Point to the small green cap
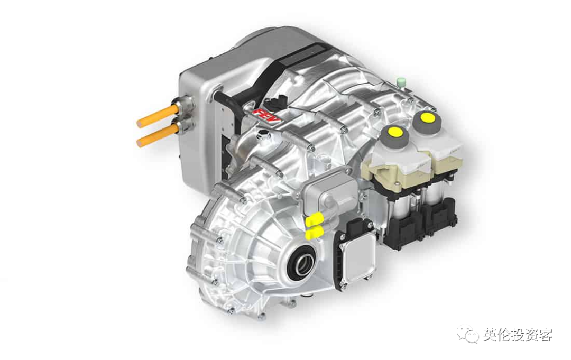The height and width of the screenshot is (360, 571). point(401,81)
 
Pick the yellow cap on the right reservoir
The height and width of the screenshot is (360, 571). point(426,117)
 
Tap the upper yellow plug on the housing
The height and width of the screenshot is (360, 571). point(315,219)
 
